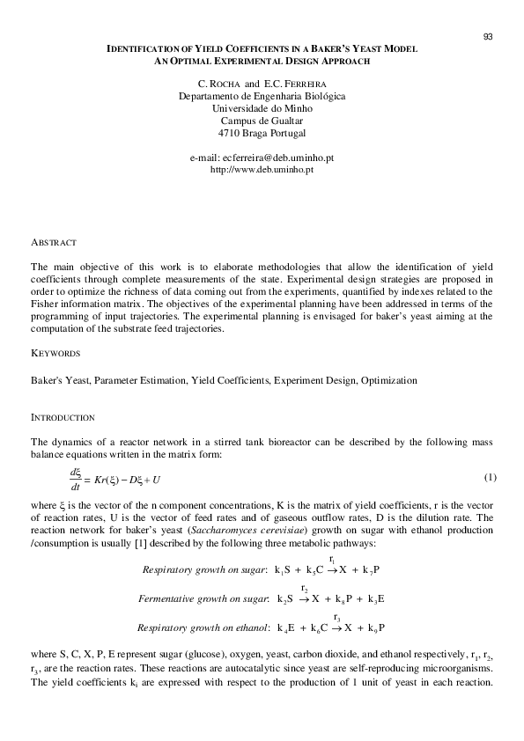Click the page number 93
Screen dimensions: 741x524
[x=488, y=36]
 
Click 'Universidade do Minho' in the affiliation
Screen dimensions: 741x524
[x=262, y=107]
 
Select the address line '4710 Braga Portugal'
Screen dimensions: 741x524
[x=262, y=133]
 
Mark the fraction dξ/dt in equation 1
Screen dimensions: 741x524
[x=75, y=478]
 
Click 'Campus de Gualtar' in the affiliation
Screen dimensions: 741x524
[x=262, y=120]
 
